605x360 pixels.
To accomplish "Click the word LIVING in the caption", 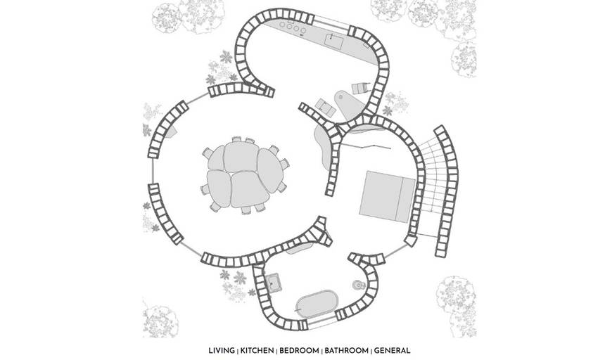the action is [222, 351].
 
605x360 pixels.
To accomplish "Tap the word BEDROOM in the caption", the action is [299, 351].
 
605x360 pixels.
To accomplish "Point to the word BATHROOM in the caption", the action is [347, 351].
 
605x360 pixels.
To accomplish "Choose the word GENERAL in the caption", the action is [392, 351].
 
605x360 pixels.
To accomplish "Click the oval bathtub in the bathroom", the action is [317, 304].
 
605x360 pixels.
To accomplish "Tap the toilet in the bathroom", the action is [359, 285].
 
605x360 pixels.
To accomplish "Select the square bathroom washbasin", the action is [274, 283].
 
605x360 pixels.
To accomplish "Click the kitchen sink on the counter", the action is [333, 41].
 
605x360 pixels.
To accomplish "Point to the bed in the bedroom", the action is [387, 197].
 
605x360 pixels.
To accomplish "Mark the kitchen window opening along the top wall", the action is [332, 21].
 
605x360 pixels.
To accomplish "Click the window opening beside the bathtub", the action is [322, 323].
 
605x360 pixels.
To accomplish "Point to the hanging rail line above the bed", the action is [367, 146].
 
